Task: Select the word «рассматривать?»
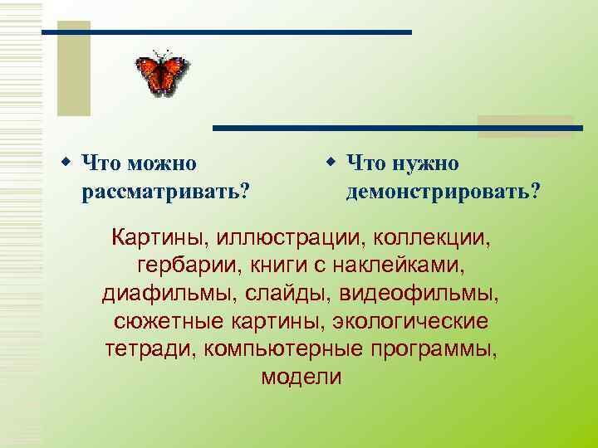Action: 166,192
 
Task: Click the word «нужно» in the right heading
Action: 423,163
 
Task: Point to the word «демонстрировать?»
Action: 443,192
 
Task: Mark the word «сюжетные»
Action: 157,322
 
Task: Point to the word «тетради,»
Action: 145,349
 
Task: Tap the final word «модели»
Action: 301,377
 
